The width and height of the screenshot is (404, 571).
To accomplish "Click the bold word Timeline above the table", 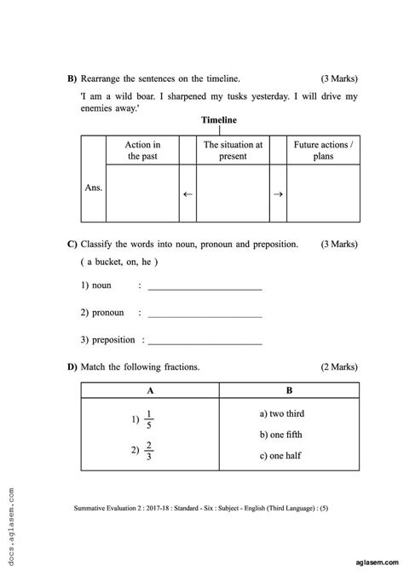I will tap(219, 120).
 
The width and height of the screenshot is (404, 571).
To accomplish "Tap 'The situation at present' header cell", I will tap(233, 151).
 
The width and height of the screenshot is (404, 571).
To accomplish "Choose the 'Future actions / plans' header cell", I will tap(322, 151).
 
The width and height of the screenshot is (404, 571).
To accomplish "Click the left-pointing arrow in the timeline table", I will tap(188, 193).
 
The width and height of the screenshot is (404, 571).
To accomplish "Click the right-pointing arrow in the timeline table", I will tap(278, 193).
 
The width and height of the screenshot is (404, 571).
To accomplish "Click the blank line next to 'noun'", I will tap(205, 290).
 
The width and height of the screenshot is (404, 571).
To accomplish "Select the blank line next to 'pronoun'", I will tap(205, 314).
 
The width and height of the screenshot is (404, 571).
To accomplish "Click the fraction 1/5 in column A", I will tap(148, 420).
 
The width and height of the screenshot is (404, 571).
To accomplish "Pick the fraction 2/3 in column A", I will tap(148, 451).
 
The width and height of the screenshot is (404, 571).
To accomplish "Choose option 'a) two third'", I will tap(282, 413).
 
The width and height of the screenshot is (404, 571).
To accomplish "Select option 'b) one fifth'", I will tap(282, 435).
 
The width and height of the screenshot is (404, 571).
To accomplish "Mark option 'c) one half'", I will tap(280, 457).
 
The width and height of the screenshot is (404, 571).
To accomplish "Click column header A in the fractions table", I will tap(151, 390).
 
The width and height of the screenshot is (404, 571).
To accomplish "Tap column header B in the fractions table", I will tap(290, 390).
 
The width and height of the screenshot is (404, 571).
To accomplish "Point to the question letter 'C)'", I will tap(72, 245).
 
